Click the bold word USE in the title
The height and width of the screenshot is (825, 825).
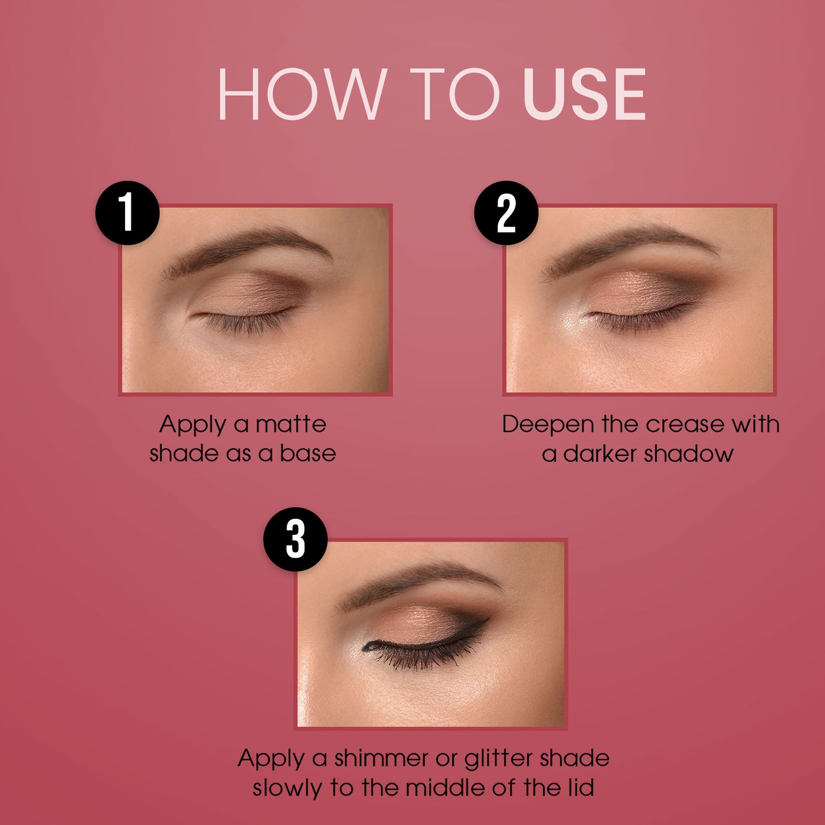tap(584, 94)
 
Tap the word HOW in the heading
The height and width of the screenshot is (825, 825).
tap(300, 94)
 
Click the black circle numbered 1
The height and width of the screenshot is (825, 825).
tap(127, 213)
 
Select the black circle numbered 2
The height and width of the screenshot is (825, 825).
tap(506, 213)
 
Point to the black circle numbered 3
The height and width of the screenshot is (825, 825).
tap(295, 539)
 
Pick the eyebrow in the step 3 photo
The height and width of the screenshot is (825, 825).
tap(417, 585)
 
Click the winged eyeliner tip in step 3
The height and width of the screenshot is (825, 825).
tap(488, 619)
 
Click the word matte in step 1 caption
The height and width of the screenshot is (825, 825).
tap(291, 425)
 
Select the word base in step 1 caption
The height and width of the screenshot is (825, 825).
tap(308, 454)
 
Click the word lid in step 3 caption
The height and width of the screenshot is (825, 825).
tap(581, 788)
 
